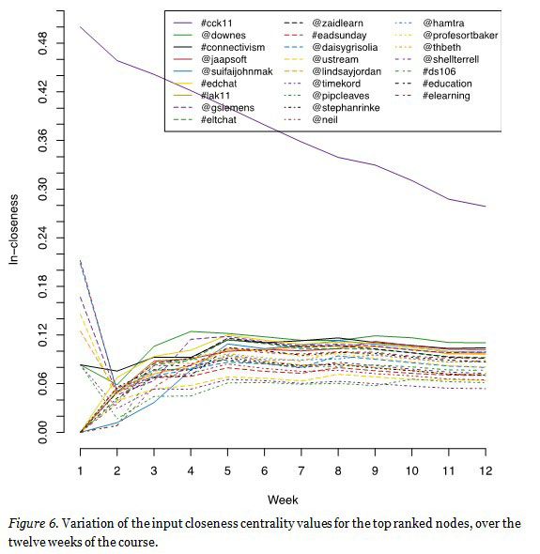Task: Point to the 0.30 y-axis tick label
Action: pyautogui.click(x=43, y=189)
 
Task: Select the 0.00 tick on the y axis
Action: pyautogui.click(x=43, y=432)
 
